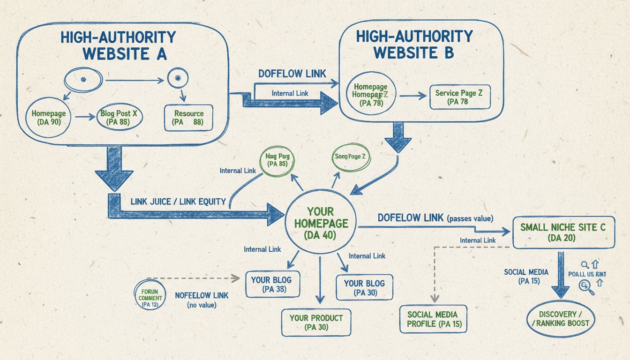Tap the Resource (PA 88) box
pos(188,118)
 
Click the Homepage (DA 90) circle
pos(48,118)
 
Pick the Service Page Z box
pos(459,97)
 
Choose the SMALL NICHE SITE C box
pos(562,232)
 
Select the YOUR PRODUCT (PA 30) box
pos(316,322)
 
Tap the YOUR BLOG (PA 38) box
pos(271,285)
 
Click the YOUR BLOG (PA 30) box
pos(364,288)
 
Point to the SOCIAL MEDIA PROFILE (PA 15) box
pos(433,319)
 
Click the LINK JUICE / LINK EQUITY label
pos(179,202)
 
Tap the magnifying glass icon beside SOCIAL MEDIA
pos(586,286)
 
